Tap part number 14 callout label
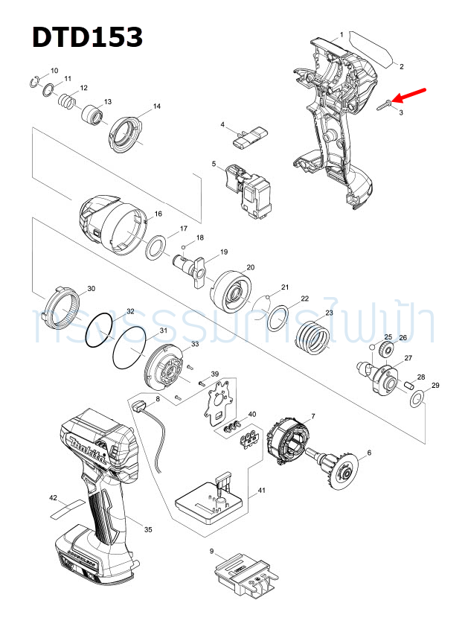coord(157,106)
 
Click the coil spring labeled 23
coord(313,337)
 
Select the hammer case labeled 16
coord(110,223)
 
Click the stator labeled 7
coord(288,444)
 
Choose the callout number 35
coord(148,529)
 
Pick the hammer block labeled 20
coord(231,295)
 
